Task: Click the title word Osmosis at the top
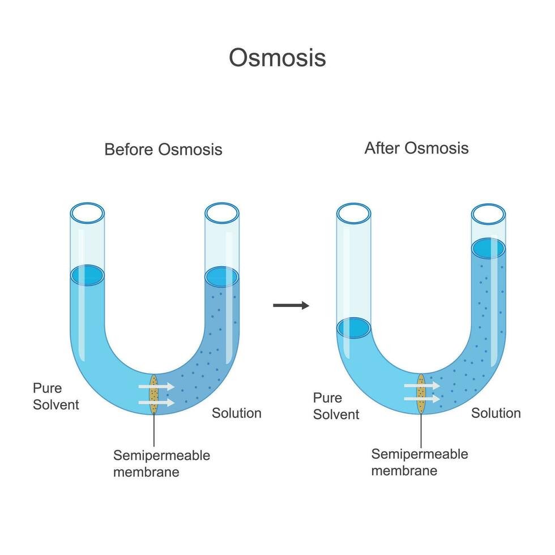coord(277,58)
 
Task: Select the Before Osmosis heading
coord(163,150)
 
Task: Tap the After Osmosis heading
coord(416,148)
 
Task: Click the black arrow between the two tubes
coord(291,306)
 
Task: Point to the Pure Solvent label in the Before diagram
coord(55,396)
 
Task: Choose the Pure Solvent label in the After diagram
coord(336,406)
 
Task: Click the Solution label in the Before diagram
coord(236,413)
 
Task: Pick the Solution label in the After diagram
coord(496,413)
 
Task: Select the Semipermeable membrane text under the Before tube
coord(161,463)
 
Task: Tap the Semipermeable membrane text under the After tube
coord(420,462)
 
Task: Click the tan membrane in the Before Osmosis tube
coord(153,394)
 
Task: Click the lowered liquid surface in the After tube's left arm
coord(353,328)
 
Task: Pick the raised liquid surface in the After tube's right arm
coord(488,248)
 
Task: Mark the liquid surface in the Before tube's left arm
coord(87,275)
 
